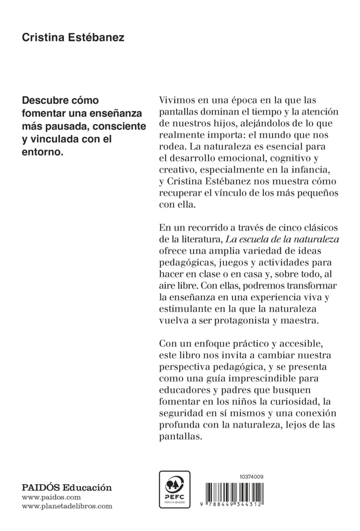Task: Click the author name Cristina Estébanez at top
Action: pos(73,38)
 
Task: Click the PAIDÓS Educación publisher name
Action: pos(67,488)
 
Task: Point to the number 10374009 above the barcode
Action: pos(251,476)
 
